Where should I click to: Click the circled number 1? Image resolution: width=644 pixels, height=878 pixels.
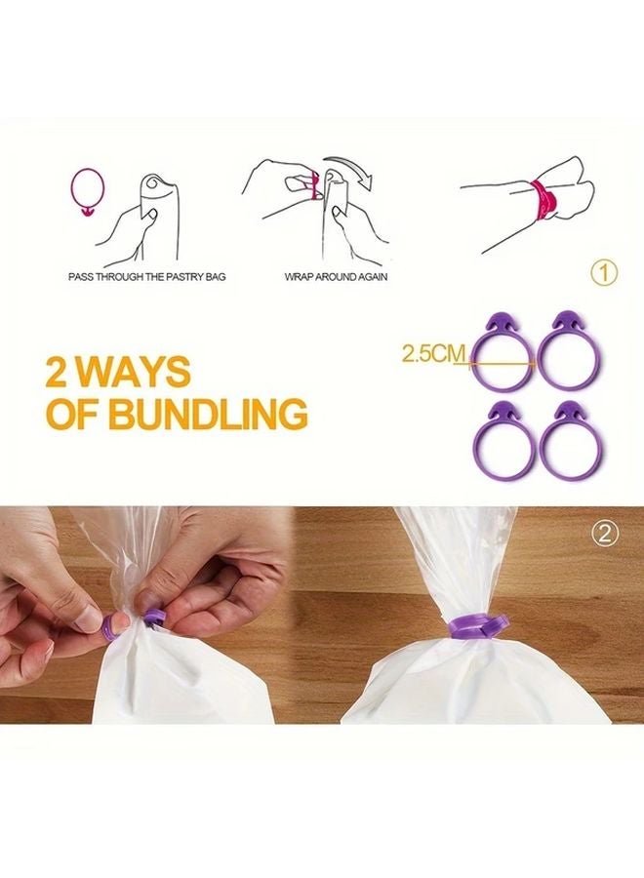604,274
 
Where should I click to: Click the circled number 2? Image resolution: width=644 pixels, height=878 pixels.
604,533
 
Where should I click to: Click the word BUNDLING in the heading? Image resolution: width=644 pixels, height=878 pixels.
208,414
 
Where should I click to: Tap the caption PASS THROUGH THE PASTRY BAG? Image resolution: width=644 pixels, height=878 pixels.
147,277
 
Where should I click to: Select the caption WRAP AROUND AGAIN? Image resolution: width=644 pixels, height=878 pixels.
336,277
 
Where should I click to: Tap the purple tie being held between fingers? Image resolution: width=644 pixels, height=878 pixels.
153,619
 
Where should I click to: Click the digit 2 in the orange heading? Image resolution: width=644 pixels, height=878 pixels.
56,372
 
